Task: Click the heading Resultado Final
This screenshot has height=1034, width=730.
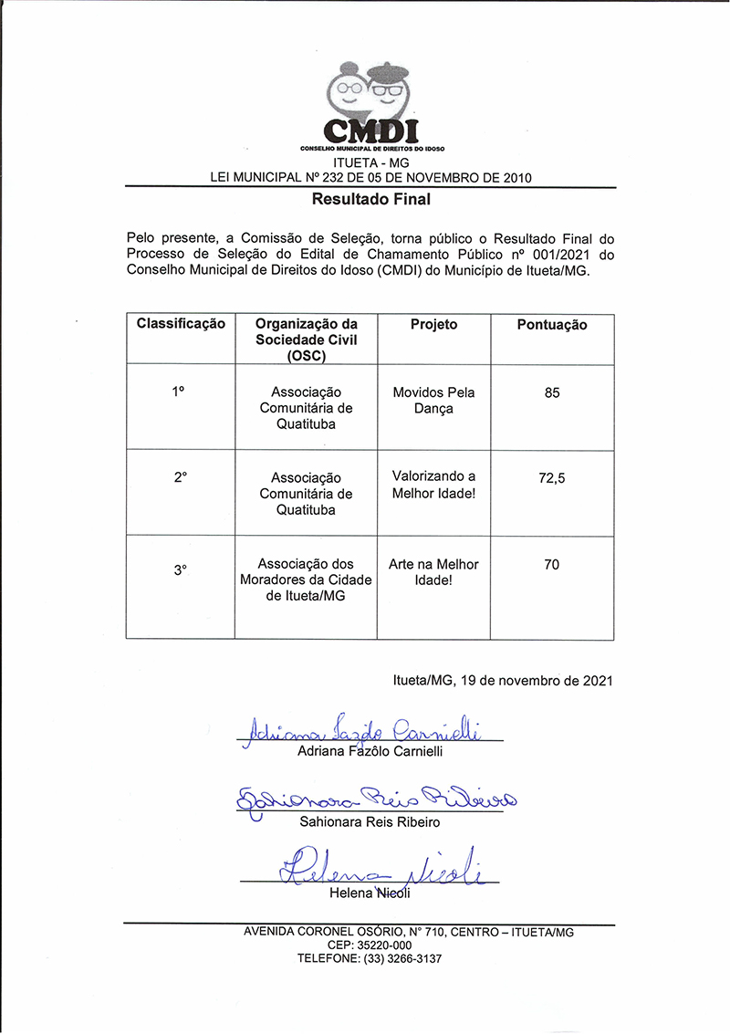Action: (x=370, y=198)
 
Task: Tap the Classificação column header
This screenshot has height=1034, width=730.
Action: (x=181, y=325)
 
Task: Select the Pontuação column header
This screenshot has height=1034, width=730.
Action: (x=552, y=325)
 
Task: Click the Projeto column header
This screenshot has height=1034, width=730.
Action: (x=433, y=325)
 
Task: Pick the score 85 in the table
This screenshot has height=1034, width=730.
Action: (x=552, y=393)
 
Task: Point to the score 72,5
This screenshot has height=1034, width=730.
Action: (x=552, y=477)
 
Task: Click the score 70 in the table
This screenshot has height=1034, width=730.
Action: (x=552, y=565)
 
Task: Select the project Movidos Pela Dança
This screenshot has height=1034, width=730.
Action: (x=433, y=401)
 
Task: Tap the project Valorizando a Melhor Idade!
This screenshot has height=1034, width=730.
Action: (x=433, y=485)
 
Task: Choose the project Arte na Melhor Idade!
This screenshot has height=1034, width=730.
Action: (x=433, y=572)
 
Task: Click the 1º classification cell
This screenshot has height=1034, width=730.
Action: (x=179, y=391)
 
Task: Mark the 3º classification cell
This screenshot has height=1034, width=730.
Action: (x=180, y=569)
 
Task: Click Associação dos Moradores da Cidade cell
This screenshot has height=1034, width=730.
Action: (x=306, y=580)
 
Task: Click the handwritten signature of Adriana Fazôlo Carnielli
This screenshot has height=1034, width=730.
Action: (x=365, y=728)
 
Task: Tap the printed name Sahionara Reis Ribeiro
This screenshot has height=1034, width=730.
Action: (x=370, y=822)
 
